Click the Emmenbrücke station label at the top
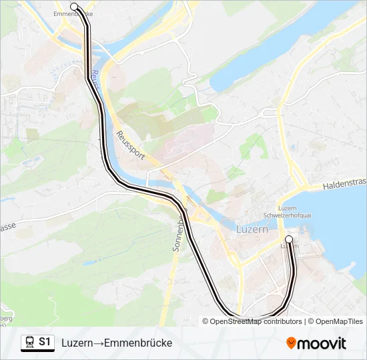click(73, 14)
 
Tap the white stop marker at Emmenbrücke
click(73, 7)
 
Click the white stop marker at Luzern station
click(289, 239)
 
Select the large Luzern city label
click(252, 229)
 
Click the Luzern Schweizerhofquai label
click(298, 212)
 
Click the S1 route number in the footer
click(45, 342)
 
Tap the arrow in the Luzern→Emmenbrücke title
click(97, 343)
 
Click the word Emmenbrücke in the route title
click(137, 343)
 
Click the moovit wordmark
click(322, 343)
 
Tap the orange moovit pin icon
click(291, 343)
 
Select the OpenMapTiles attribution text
click(339, 321)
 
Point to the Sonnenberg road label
click(179, 227)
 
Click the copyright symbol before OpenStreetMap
click(206, 321)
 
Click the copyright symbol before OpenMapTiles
click(311, 321)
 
